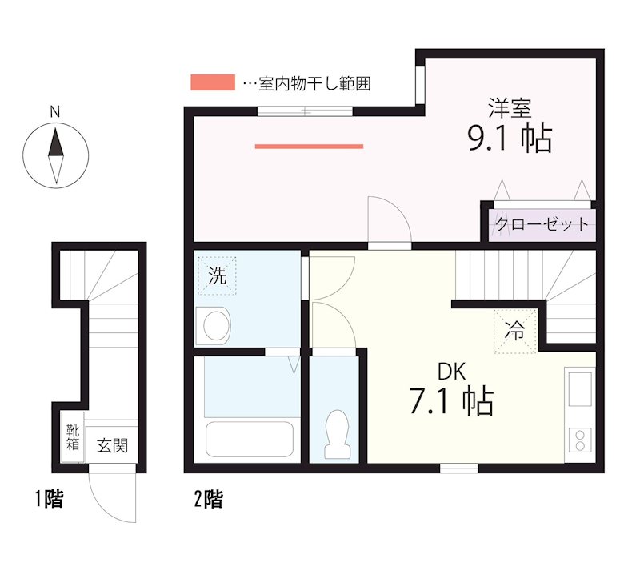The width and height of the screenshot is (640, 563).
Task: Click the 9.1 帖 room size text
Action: (509, 139)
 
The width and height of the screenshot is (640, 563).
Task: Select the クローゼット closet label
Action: (542, 224)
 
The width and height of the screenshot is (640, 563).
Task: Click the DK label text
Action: (450, 372)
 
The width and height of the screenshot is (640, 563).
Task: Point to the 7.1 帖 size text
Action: (450, 402)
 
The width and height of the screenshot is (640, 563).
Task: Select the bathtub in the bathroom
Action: (250, 439)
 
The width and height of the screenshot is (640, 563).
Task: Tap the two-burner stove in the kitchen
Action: (579, 441)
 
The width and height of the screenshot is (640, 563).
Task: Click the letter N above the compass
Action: (55, 113)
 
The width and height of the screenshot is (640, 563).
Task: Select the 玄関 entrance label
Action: (112, 446)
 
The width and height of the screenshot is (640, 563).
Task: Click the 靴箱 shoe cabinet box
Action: (73, 437)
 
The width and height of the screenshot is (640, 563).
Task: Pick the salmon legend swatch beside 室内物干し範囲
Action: (213, 82)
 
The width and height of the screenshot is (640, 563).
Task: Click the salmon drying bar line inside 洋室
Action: (309, 147)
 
